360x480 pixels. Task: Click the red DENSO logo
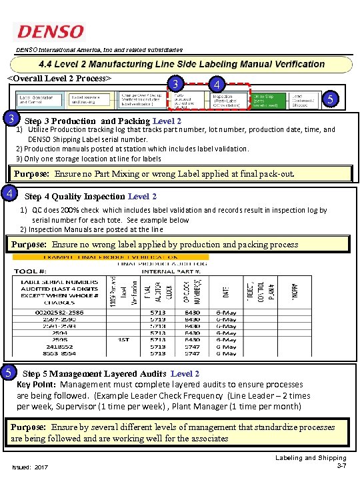(x=51, y=32)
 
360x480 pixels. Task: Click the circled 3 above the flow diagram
(x=175, y=85)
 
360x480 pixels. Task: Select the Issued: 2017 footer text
(x=30, y=467)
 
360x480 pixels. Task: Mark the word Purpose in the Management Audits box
(x=29, y=427)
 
